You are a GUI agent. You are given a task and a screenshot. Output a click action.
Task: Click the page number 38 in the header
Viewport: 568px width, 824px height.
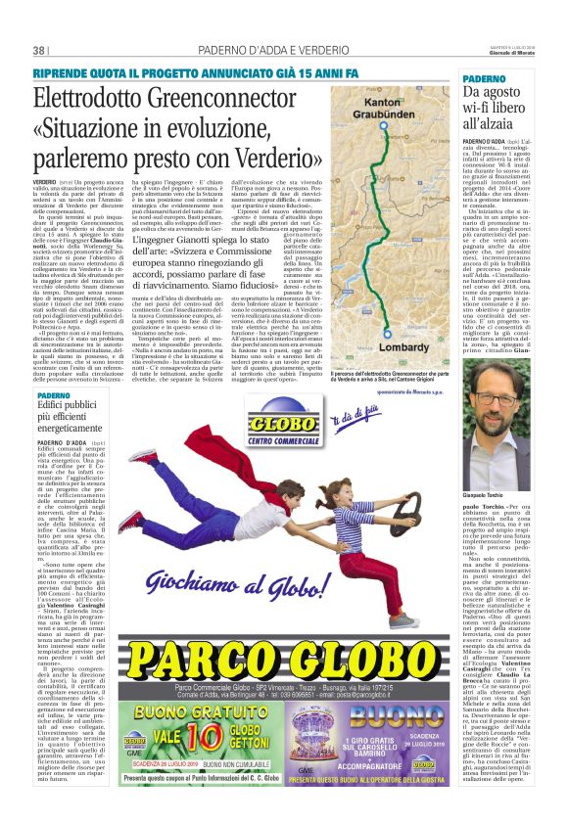click(39, 50)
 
